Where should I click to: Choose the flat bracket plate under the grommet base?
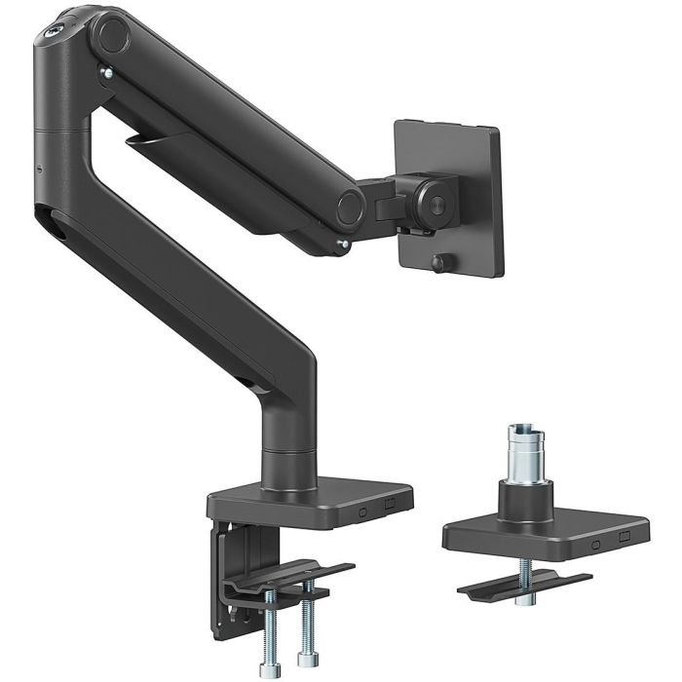coord(527,583)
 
